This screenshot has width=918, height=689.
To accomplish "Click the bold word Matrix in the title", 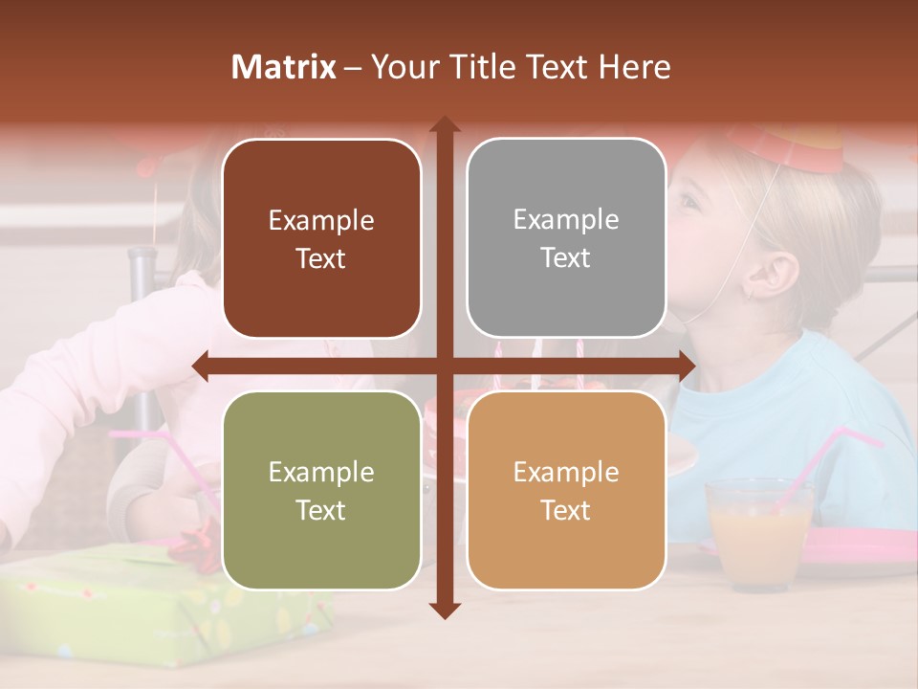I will click(284, 67).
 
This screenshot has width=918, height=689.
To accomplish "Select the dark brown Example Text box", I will click(321, 238).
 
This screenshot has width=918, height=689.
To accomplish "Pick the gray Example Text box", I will click(566, 238).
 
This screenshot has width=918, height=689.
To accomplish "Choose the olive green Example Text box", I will click(321, 490).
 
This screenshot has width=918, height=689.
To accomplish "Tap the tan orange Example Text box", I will click(566, 490).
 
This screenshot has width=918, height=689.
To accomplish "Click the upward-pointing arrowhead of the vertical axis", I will click(445, 124).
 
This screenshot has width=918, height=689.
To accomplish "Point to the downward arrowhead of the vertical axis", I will click(445, 610).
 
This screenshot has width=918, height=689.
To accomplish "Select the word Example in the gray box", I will click(566, 219).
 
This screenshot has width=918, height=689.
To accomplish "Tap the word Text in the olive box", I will click(321, 510).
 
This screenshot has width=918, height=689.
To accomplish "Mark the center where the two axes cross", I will click(445, 365).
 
